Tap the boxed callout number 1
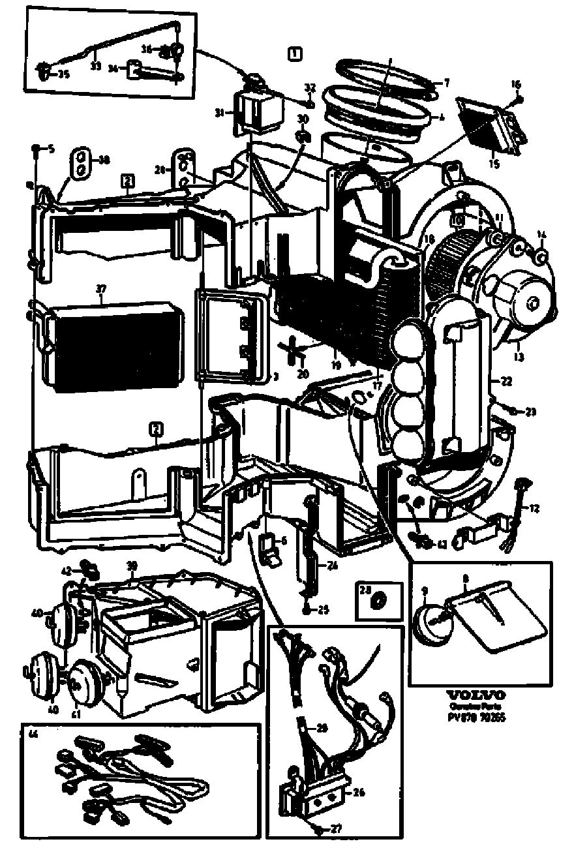pos(295,53)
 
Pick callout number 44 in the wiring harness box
pos(33,733)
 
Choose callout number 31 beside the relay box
pos(220,112)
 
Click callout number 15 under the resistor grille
pos(494,164)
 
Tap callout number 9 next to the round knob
pos(425,591)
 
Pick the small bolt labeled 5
pos(37,149)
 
